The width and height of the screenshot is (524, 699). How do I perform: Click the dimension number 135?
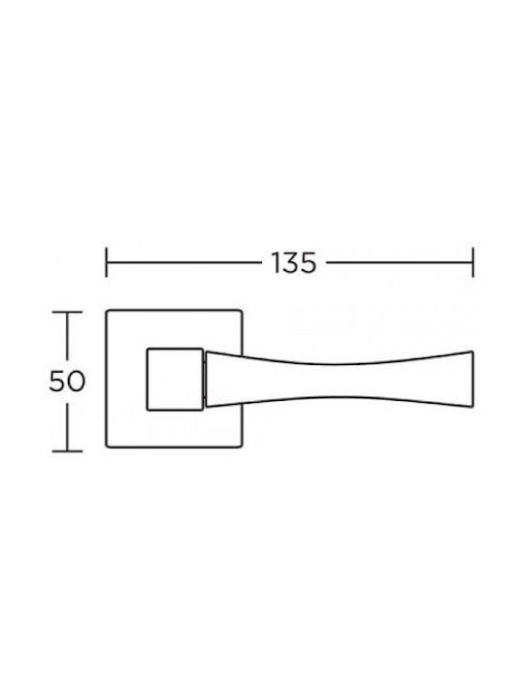click(294, 263)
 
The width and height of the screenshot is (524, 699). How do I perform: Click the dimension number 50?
click(67, 382)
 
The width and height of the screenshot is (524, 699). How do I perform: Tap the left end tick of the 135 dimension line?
click(106, 262)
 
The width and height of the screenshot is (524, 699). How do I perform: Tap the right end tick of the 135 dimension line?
click(473, 262)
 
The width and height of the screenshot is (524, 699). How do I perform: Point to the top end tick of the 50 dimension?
click(67, 313)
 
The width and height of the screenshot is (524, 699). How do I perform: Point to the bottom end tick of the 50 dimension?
click(67, 451)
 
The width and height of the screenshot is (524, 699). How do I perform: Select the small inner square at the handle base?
click(175, 379)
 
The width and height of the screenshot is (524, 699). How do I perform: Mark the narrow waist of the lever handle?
click(339, 380)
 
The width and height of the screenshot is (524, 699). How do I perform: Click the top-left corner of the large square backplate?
click(107, 311)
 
